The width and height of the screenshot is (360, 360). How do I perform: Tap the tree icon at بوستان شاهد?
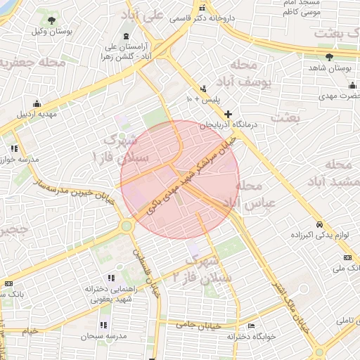click(330, 57)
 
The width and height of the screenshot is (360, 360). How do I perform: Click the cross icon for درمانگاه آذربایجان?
click(228, 114)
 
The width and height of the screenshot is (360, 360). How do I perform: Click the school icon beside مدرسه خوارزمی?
click(15, 148)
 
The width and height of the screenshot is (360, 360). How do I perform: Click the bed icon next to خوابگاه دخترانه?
click(251, 326)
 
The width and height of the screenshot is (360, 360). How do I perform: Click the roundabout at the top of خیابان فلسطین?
click(127, 226)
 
